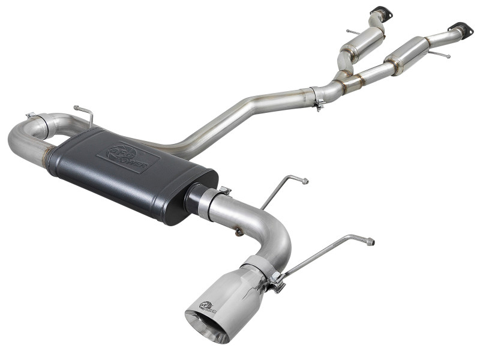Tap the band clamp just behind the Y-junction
pyautogui.click(x=317, y=96)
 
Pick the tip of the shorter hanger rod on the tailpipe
pyautogui.click(x=305, y=181)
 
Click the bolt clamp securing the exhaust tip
pyautogui.click(x=275, y=281)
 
